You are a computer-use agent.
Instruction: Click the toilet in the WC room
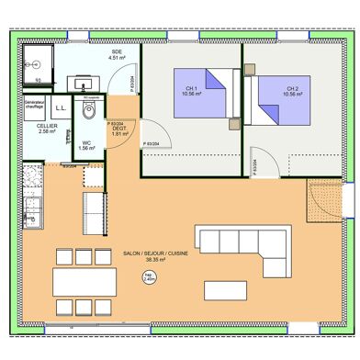click(x=88, y=112)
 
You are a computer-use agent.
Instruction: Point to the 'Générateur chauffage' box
click(x=34, y=106)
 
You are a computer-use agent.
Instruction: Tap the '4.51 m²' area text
click(x=117, y=58)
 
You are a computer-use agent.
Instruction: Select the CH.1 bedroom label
click(x=192, y=88)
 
